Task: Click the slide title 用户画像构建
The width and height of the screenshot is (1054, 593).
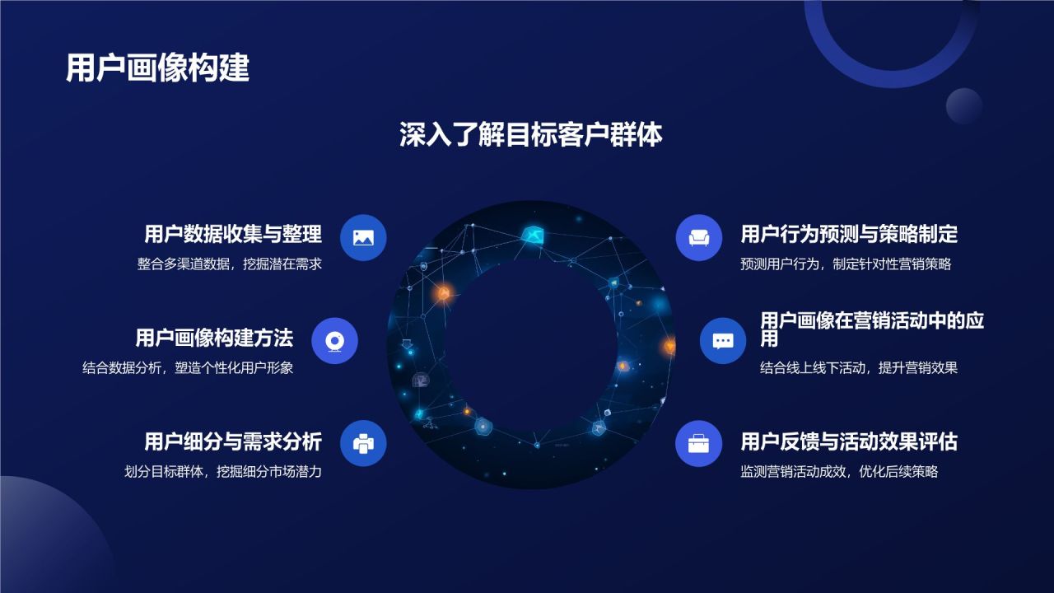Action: [x=157, y=68]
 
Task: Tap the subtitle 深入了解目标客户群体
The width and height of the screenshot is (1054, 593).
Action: [x=530, y=135]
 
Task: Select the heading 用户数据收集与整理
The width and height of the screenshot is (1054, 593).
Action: [x=233, y=234]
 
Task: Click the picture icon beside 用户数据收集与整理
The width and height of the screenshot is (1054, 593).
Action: [x=363, y=237]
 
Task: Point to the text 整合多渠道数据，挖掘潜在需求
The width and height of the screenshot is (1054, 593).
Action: [x=230, y=264]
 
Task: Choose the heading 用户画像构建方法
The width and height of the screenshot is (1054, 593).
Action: [x=214, y=338]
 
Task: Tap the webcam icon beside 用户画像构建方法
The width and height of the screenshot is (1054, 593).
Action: [x=335, y=341]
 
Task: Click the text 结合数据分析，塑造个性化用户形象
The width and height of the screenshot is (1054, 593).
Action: [x=188, y=368]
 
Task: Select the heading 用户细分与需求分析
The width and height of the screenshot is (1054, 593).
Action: [x=233, y=441]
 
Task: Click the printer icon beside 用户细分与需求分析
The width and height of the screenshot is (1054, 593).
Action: [x=363, y=444]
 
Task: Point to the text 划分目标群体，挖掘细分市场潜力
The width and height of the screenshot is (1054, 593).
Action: [x=222, y=472]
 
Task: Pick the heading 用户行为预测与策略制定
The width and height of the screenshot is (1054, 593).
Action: [x=849, y=234]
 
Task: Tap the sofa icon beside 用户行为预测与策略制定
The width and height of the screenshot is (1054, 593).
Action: [x=699, y=237]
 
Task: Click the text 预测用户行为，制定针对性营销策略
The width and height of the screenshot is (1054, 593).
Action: [x=846, y=264]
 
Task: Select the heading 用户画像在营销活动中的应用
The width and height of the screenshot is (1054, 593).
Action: [x=871, y=328]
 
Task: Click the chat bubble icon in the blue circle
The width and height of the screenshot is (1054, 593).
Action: [x=723, y=341]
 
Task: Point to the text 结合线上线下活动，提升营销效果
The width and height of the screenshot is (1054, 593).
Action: [x=859, y=368]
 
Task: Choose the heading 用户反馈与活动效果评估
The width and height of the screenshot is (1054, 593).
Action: [x=849, y=441]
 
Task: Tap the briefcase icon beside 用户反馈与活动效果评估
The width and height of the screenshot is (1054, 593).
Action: [x=699, y=444]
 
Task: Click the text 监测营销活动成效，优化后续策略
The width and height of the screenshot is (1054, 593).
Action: [x=839, y=472]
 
